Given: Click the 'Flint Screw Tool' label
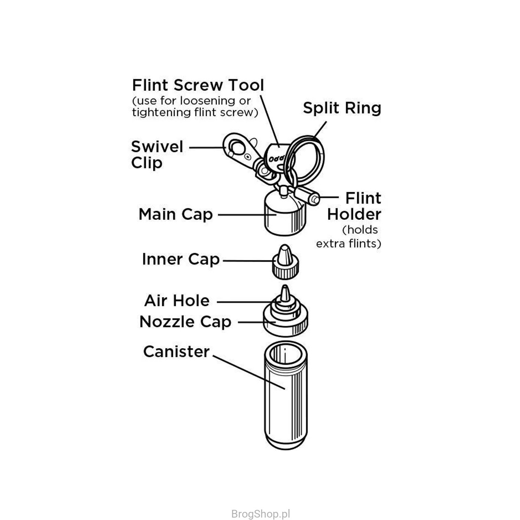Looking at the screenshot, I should [198, 85].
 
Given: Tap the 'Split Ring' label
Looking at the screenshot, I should [342, 108].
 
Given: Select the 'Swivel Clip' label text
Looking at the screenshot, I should [157, 155].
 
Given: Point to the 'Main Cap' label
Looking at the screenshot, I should [175, 214].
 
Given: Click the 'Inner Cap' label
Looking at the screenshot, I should [181, 259].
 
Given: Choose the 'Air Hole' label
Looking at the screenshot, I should [177, 301].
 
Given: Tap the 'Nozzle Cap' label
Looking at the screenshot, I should [185, 322].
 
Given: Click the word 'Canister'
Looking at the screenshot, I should [176, 351].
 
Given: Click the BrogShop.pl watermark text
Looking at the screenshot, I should [260, 514].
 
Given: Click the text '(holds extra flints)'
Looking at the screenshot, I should [349, 237].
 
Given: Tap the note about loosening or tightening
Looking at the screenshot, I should [195, 107].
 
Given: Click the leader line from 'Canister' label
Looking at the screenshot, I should [248, 372].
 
